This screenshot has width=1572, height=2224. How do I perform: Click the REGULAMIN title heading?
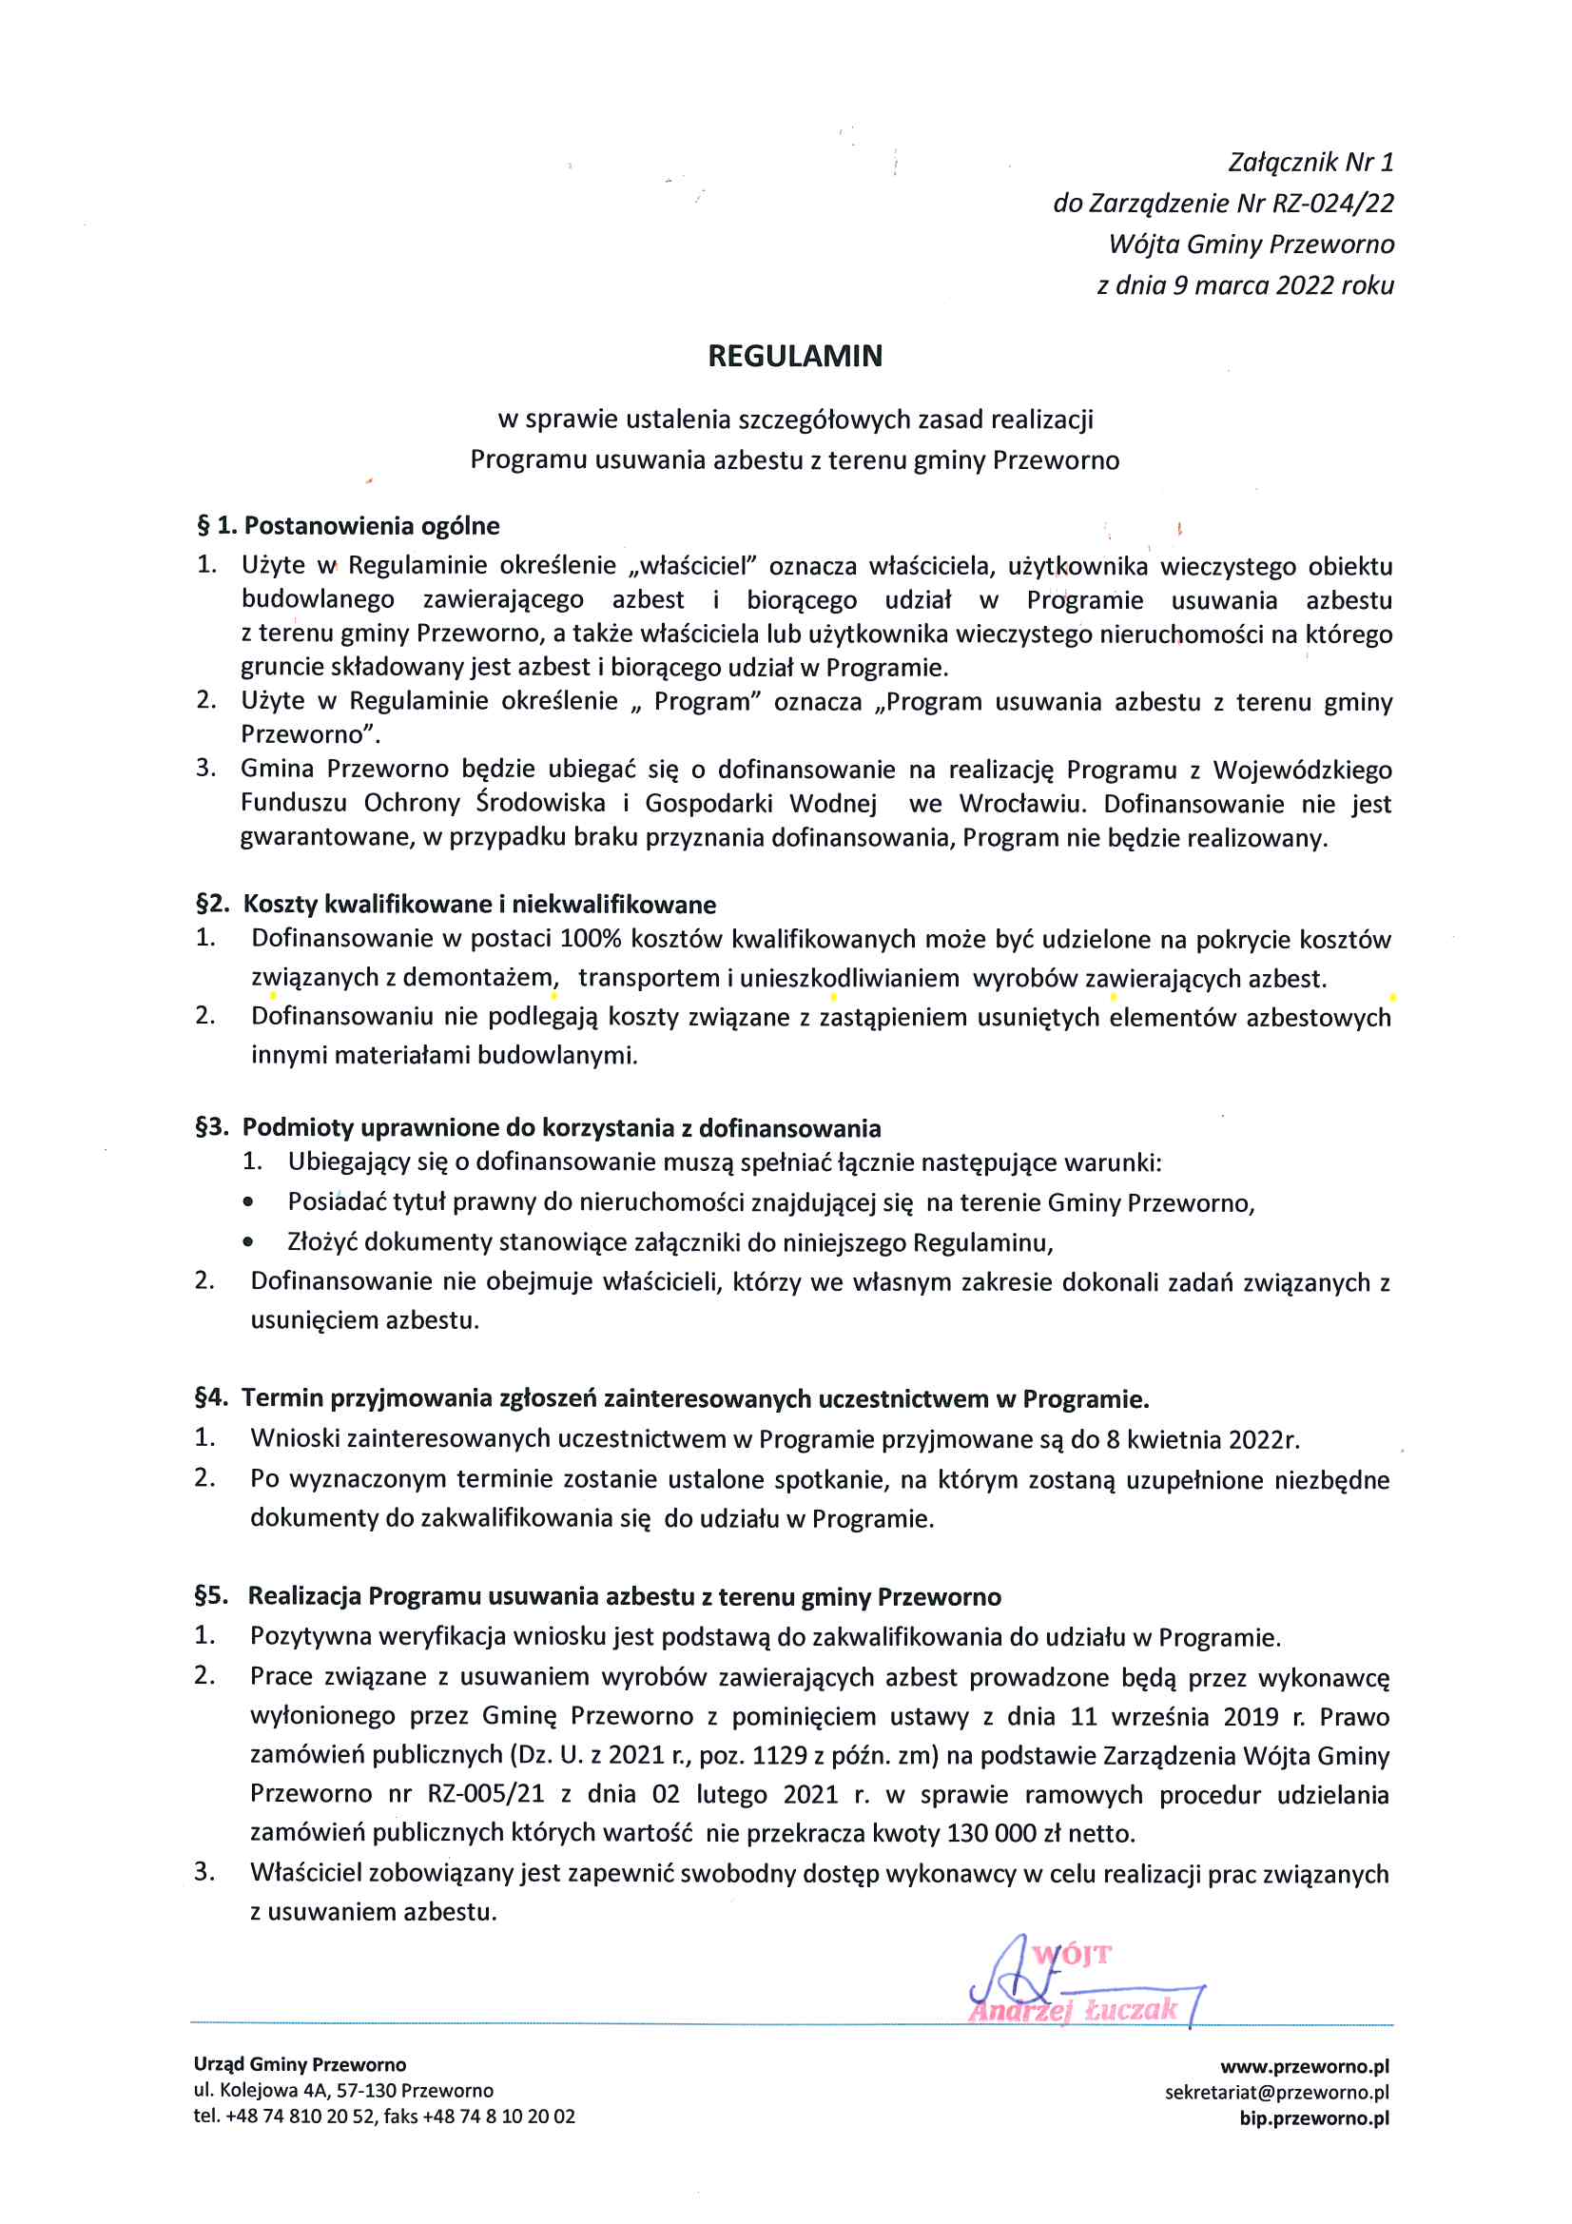794,357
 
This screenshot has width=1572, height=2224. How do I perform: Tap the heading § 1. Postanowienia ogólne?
349,526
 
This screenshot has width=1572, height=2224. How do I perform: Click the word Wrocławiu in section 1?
1024,804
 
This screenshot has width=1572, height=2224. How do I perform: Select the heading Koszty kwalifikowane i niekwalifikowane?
479,905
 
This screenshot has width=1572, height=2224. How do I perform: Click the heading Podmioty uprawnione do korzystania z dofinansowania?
561,1127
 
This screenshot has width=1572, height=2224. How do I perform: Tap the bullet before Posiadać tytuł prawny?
249,1203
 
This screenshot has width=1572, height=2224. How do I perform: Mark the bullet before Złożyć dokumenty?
249,1242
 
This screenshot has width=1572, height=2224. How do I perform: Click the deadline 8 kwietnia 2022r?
1201,1439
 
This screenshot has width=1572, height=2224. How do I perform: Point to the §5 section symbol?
210,1595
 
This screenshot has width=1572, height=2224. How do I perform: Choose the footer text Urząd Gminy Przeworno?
300,2065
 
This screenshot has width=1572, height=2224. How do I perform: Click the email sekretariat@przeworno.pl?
1276,2093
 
